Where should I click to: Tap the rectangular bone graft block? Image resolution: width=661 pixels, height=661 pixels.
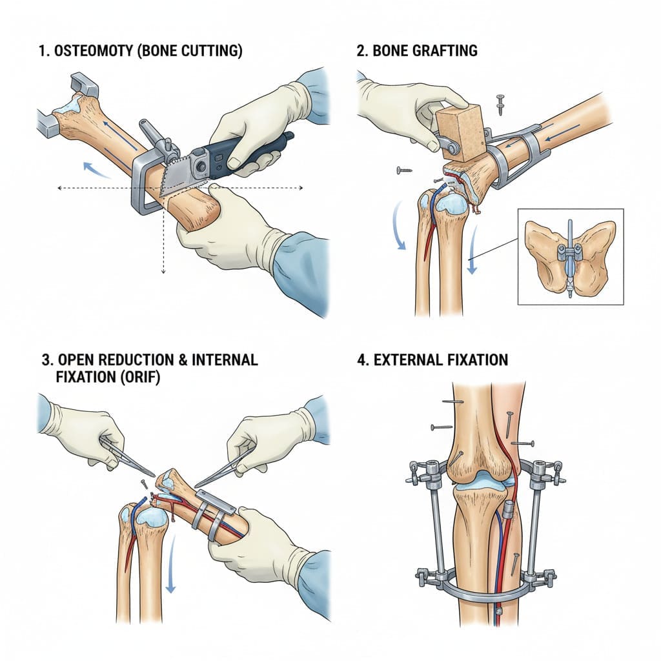coord(462,132)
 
